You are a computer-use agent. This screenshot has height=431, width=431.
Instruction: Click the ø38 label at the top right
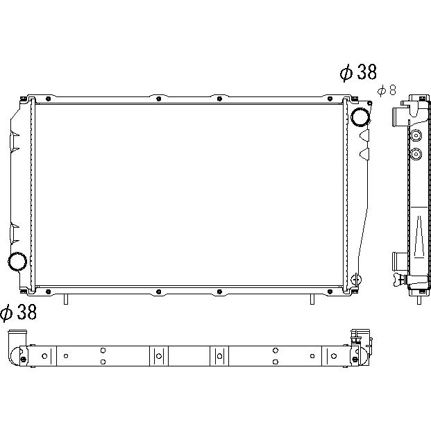click(357, 72)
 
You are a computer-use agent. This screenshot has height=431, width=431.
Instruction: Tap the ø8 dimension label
click(387, 90)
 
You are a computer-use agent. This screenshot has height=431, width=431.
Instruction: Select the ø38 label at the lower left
click(19, 313)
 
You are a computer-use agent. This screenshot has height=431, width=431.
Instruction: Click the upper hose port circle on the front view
click(361, 117)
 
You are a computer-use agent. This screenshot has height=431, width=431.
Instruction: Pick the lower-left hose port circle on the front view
click(17, 261)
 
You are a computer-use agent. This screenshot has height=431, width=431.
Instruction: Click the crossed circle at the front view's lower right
click(357, 279)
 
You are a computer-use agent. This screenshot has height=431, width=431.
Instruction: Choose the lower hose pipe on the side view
click(400, 262)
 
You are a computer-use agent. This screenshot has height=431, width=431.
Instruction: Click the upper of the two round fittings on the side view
click(416, 135)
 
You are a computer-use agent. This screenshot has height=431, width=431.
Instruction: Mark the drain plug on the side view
click(398, 280)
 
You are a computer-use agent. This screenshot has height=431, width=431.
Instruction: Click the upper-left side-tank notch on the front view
click(15, 140)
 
